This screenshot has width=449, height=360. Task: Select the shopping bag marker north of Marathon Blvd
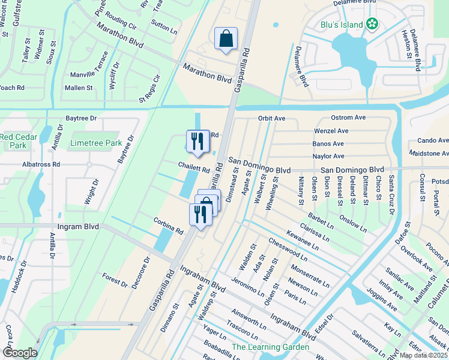point(226,39)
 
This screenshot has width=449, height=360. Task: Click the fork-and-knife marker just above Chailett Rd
point(197,142)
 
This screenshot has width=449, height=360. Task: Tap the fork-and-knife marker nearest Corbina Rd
point(200,214)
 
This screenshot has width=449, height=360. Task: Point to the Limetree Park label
point(96,143)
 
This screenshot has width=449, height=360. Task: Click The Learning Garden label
point(270,347)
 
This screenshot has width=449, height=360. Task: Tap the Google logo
point(20,353)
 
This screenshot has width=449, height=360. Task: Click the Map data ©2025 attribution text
point(423,355)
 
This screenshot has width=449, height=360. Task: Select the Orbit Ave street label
point(271,118)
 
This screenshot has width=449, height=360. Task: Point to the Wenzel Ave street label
point(331,131)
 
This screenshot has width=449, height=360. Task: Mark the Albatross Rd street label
point(40,164)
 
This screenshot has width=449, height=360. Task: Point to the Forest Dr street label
point(115,280)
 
